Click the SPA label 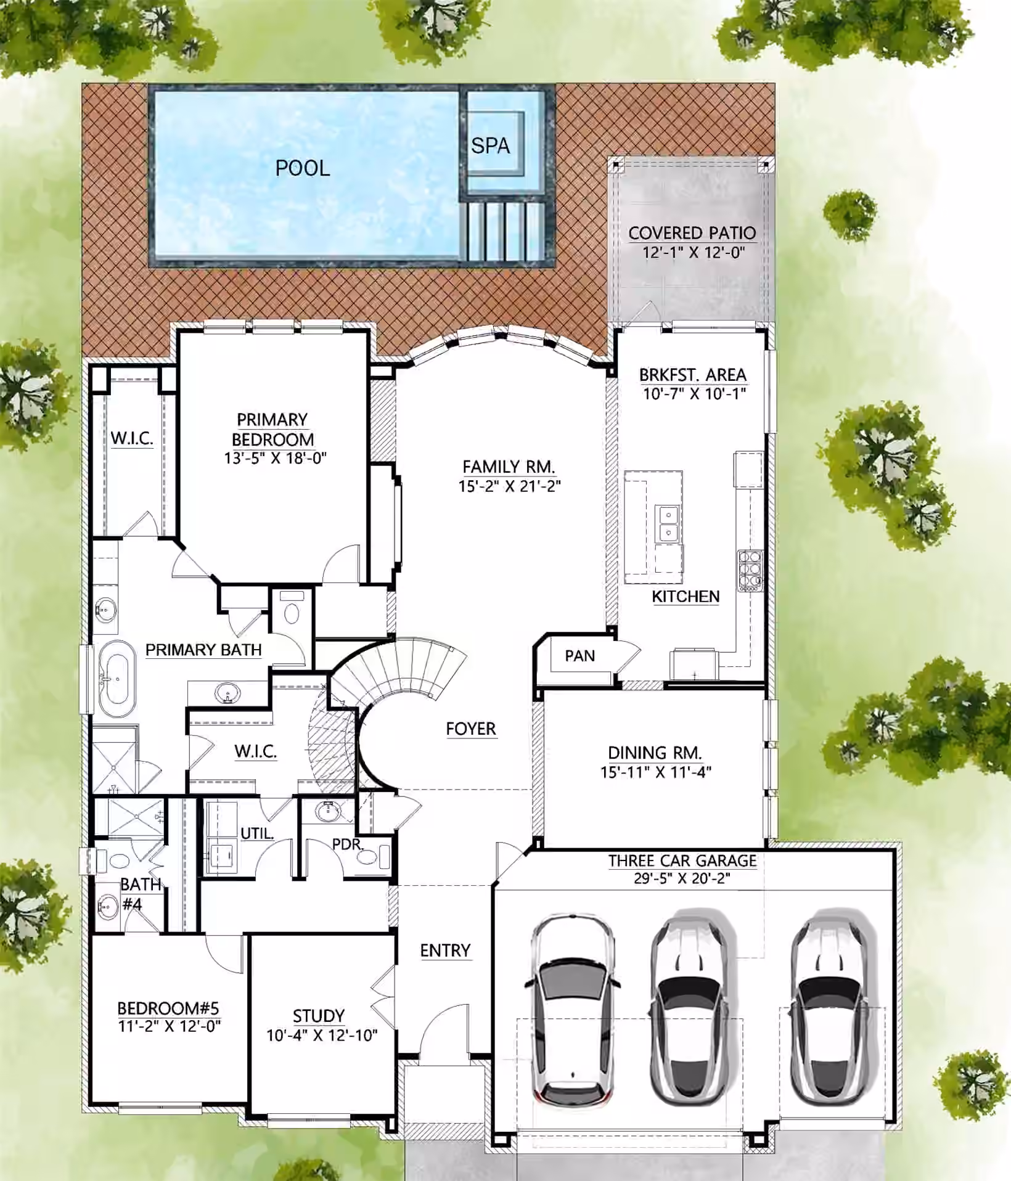[491, 146]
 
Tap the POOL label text [303, 168]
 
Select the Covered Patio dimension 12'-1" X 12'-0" [694, 252]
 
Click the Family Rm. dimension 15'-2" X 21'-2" [509, 486]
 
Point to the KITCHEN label [686, 597]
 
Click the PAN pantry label [580, 656]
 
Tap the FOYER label [471, 729]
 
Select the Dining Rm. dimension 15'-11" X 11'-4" [656, 772]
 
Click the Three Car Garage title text [682, 860]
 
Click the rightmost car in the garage [833, 1007]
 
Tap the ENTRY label [445, 950]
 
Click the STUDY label [319, 1016]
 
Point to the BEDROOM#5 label [168, 1008]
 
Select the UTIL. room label [257, 833]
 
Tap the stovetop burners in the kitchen [750, 571]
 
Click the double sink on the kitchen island [668, 523]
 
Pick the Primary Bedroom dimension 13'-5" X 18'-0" [275, 458]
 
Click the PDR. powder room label [348, 844]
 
